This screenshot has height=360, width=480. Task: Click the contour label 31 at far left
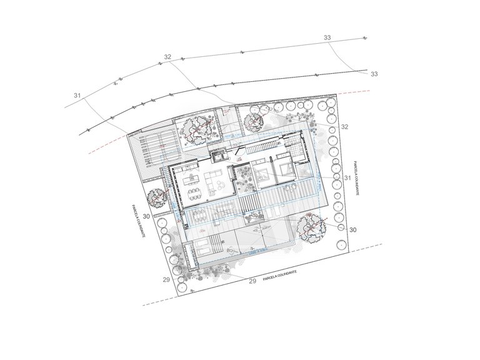point(77,96)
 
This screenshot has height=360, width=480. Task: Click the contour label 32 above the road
point(167,57)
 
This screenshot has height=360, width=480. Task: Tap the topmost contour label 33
point(327,38)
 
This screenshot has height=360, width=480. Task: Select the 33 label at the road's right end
point(374,74)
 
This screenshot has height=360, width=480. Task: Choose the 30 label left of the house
point(146,216)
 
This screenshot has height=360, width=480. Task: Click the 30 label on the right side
point(352,230)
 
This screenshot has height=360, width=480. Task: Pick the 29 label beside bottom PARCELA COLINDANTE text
point(253,281)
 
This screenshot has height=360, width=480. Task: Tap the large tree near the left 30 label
point(156,199)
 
